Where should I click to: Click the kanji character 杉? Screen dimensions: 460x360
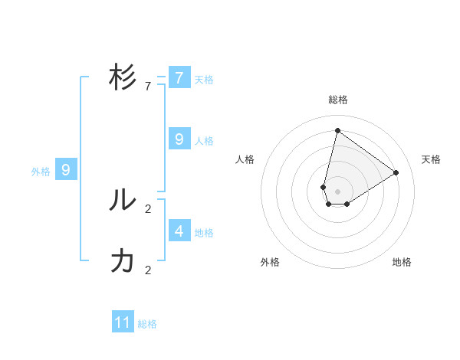tap(123, 78)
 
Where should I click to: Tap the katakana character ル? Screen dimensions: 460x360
tap(123, 200)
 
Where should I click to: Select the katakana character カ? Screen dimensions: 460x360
tap(123, 261)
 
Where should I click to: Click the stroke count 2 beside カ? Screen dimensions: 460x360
tap(148, 270)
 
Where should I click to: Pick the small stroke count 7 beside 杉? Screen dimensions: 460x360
tap(148, 87)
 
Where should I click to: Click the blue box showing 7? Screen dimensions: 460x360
tap(179, 77)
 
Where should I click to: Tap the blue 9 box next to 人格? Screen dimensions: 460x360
tap(179, 139)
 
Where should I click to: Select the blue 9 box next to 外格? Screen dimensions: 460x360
tap(66, 170)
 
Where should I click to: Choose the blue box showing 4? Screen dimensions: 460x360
tap(179, 230)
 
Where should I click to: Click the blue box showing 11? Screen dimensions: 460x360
tap(123, 322)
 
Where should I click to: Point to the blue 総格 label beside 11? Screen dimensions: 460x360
tap(147, 324)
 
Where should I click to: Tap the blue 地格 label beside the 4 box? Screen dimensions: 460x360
tap(204, 233)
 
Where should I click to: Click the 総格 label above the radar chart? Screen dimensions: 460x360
tap(337, 100)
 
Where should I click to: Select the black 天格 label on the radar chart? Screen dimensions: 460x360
tap(431, 159)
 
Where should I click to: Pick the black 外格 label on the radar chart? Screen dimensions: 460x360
tap(270, 262)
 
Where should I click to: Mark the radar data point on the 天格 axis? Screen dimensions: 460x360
tap(396, 172)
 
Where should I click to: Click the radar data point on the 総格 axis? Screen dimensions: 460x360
tap(337, 130)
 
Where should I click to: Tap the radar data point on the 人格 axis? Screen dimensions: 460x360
tap(324, 187)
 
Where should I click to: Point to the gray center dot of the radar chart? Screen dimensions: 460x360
tap(337, 191)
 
